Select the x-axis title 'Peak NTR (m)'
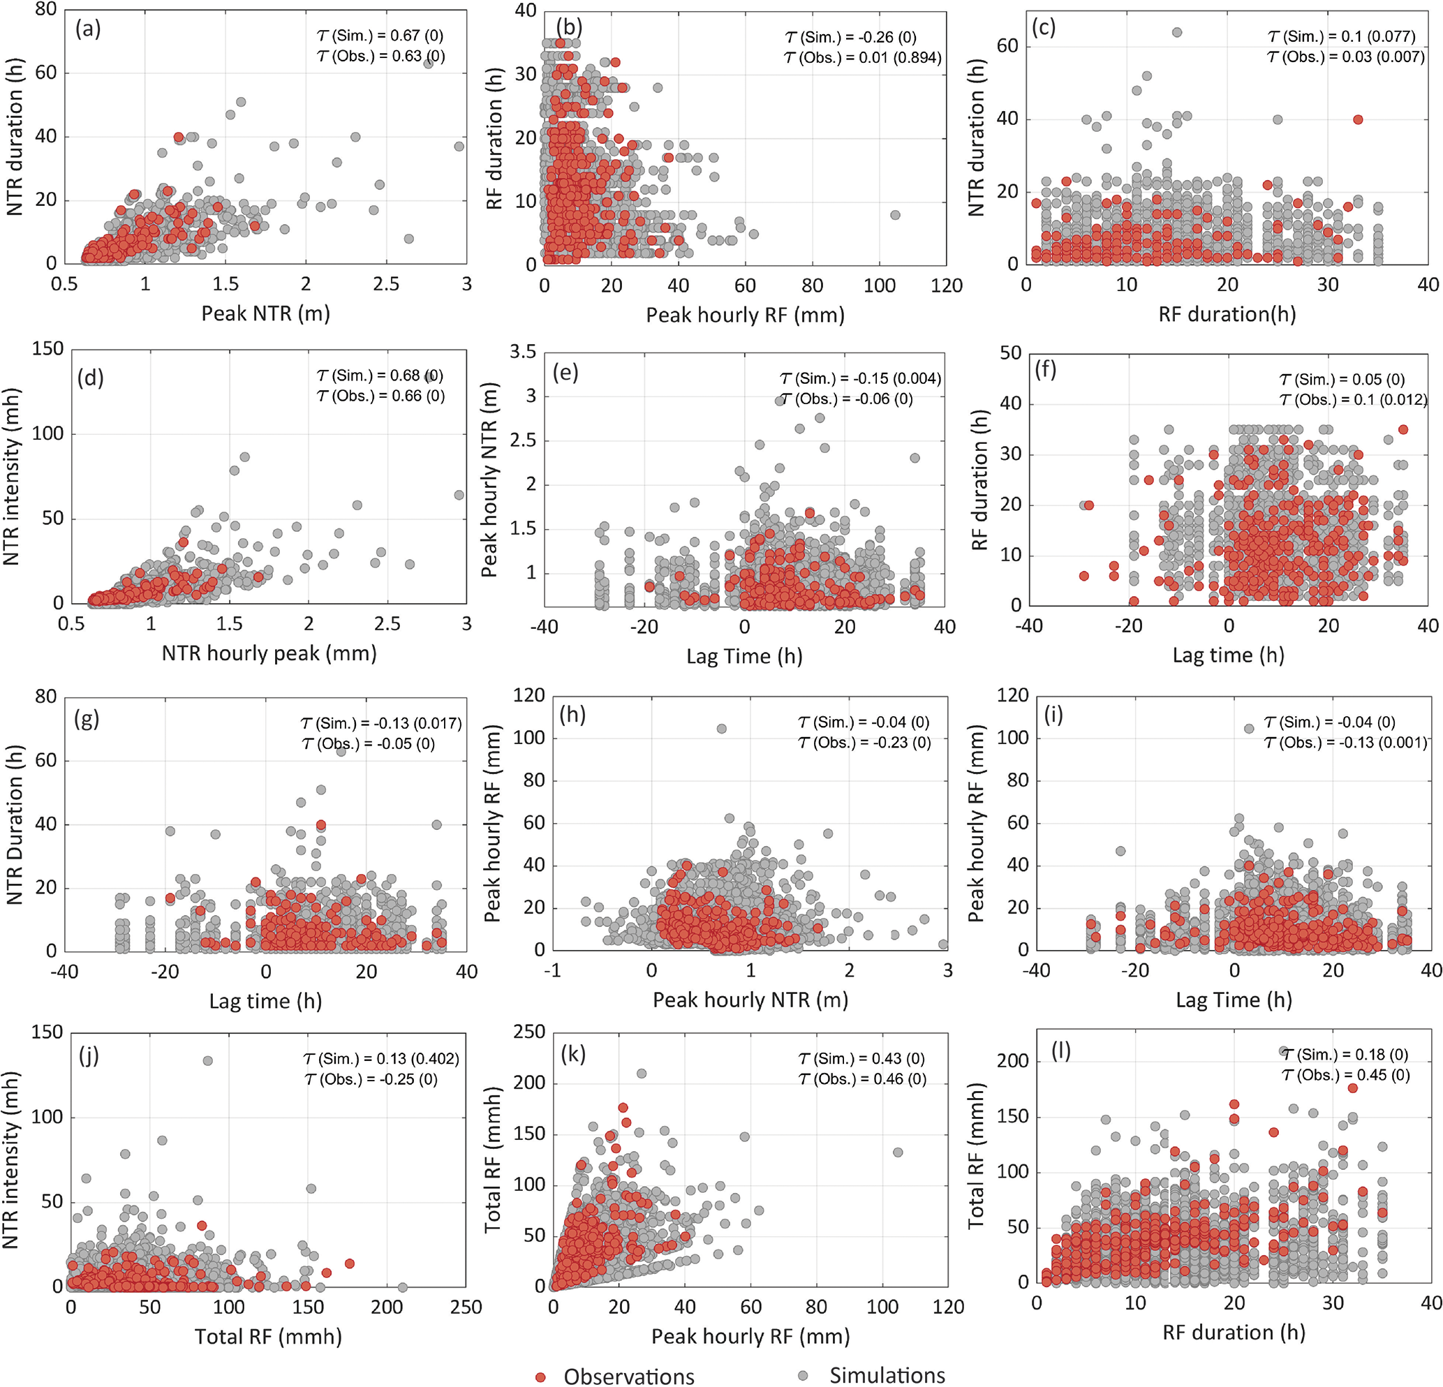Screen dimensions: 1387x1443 coord(266,313)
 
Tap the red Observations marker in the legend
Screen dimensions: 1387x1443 coord(541,1376)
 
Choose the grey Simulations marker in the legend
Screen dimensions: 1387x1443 coord(804,1375)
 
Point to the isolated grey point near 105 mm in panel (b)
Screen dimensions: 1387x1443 coord(895,215)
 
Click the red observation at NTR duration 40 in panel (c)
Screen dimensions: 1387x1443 coord(1359,119)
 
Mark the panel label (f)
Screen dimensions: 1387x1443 coord(1046,370)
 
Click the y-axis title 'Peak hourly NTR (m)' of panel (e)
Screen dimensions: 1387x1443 coord(489,480)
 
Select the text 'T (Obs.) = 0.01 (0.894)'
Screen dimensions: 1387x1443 coord(862,57)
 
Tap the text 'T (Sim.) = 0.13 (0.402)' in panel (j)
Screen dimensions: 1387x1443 coord(380,1059)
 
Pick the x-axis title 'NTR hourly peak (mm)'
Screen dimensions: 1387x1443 coord(269,653)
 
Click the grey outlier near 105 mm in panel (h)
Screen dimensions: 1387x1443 coord(722,729)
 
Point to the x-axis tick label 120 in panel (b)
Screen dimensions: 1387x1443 coord(946,285)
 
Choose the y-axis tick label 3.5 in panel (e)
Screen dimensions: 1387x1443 coord(523,352)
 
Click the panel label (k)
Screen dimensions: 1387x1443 coord(572,1054)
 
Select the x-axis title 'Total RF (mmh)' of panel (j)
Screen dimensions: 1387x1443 coord(268,1336)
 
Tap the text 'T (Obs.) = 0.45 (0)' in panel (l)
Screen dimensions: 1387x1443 coord(1345,1075)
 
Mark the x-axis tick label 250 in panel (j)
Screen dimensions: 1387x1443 coord(466,1307)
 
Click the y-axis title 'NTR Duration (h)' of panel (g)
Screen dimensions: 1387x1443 coord(15,824)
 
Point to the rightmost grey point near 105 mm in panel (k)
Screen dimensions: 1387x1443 coord(898,1152)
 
